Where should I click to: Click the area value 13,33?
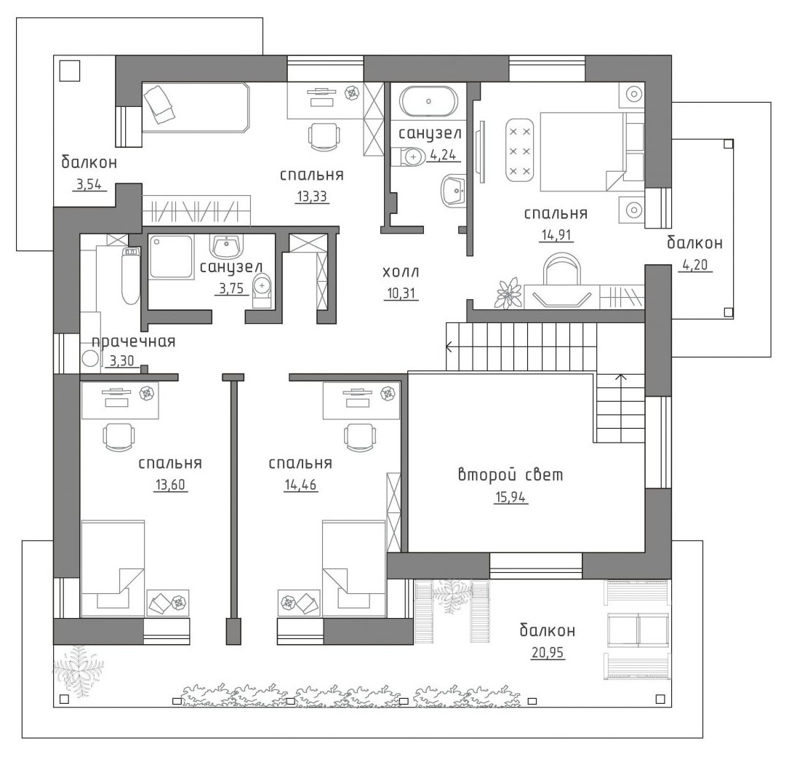click(312, 197)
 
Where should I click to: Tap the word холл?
click(401, 272)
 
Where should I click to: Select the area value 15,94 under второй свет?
click(511, 498)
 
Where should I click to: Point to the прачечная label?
click(133, 342)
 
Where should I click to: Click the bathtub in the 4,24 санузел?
click(429, 101)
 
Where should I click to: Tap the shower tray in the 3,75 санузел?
click(171, 256)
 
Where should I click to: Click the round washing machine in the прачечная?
click(91, 359)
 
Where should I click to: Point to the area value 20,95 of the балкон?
click(548, 653)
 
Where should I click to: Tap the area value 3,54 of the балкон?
click(89, 185)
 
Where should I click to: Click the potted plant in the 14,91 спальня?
click(510, 293)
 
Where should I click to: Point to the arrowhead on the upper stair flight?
click(449, 346)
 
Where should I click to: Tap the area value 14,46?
click(300, 485)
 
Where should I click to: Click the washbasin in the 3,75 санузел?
click(226, 246)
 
